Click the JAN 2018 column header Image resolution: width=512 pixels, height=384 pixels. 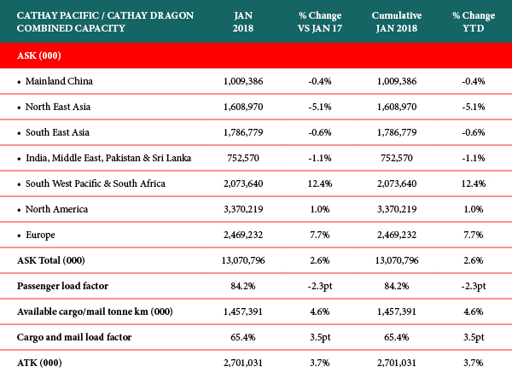coord(243,22)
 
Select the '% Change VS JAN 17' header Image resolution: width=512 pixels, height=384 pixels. coord(320,22)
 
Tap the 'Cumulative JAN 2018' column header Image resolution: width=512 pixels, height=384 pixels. coord(397,22)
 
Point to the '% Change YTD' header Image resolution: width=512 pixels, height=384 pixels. coord(474,22)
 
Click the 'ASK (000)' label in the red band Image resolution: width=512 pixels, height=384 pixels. coord(39,55)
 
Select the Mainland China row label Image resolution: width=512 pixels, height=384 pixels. coord(59,81)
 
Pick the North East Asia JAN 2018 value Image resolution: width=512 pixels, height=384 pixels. coord(243,107)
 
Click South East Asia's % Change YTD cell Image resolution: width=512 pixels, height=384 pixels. coord(474,132)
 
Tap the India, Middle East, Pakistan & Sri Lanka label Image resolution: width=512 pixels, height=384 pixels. coord(108,158)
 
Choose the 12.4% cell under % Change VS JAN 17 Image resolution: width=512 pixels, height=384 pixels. coord(320,183)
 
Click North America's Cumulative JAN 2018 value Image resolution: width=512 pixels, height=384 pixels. coord(397,209)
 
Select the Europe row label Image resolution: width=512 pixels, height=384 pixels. coord(40,236)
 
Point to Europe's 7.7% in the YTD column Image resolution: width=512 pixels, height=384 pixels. coord(474,235)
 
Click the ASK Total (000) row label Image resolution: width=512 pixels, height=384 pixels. coord(51,260)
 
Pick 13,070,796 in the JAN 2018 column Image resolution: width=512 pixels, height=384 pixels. coord(243,260)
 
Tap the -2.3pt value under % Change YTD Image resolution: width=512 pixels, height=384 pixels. coord(474,286)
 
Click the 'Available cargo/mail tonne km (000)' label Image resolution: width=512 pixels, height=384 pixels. coord(95,311)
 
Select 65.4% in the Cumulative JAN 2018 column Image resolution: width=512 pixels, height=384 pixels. coord(397,337)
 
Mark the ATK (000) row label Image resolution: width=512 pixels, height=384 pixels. coord(39,363)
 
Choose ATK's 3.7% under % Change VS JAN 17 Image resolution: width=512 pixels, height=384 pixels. coord(320,363)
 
